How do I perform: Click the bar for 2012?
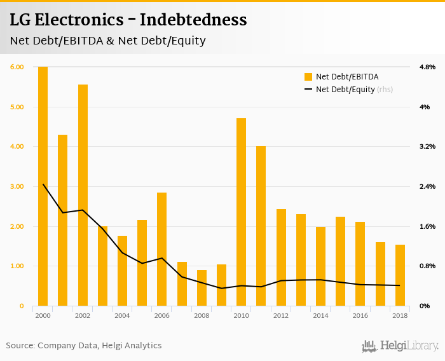(281, 257)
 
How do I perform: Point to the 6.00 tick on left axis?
(17, 67)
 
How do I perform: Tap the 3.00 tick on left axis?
(17, 186)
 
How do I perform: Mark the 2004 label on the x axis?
(122, 315)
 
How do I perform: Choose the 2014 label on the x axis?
(320, 315)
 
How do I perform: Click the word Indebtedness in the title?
(193, 20)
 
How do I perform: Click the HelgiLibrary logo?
(400, 346)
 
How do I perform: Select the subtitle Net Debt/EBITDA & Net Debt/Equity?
(107, 41)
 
